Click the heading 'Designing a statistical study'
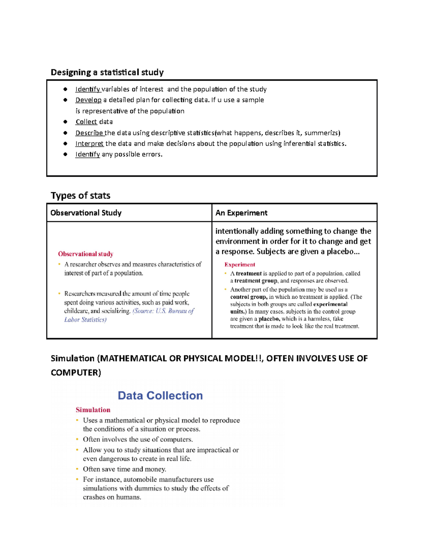tap(107, 72)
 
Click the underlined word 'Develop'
tap(88, 100)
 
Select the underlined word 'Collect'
tap(86, 122)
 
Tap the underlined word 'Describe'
tap(89, 133)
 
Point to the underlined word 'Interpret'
tap(89, 144)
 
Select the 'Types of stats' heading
tap(80, 195)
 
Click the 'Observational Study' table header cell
tap(86, 213)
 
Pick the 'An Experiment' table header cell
tap(241, 213)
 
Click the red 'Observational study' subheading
tap(86, 254)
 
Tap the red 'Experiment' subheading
tap(239, 265)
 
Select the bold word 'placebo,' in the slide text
tap(269, 319)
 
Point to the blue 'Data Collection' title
tap(160, 396)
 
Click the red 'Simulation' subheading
tap(93, 410)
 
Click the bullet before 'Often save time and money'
tap(77, 469)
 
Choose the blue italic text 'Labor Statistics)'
tap(85, 320)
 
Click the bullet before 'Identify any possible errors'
tap(65, 154)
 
